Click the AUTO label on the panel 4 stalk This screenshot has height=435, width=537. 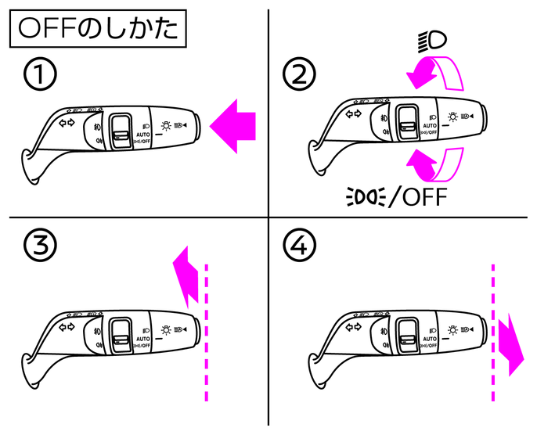pyautogui.click(x=429, y=339)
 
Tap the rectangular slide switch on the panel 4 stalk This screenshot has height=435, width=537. pyautogui.click(x=408, y=333)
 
